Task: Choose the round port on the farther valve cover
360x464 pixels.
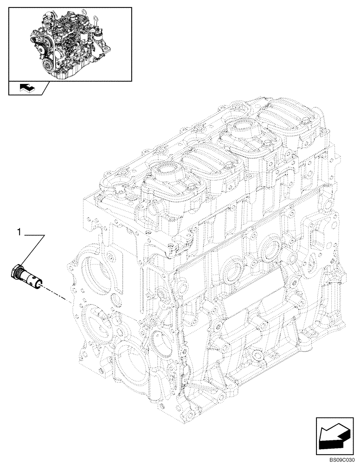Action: tap(238, 127)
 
